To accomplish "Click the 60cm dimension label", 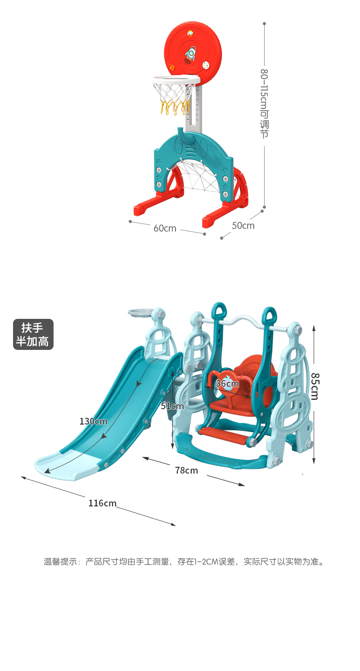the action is click(165, 228).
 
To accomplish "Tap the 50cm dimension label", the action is click(243, 226).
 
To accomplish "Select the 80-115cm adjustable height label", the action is click(264, 103).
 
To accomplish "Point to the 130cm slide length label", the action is click(94, 421).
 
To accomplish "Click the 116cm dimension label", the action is click(102, 503).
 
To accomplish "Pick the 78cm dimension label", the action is click(186, 470).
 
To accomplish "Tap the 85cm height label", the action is click(315, 386).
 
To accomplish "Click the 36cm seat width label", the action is click(227, 384).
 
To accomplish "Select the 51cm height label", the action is click(172, 406).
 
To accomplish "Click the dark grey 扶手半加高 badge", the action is click(33, 334).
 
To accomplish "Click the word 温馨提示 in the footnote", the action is click(61, 562).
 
